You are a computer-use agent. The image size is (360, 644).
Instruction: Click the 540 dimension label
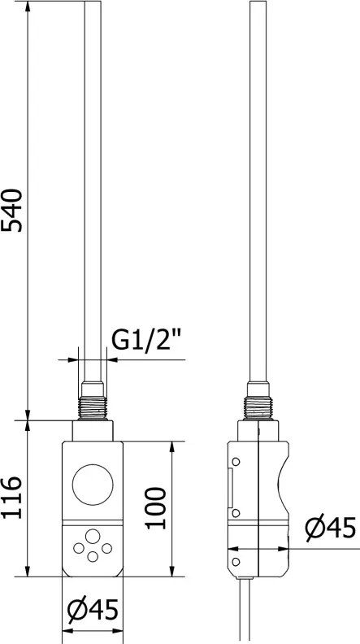click(11, 211)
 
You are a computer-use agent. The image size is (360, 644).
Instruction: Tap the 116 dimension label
click(11, 498)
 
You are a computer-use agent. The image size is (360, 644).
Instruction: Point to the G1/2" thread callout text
click(145, 341)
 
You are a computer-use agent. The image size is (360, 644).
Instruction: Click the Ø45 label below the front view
click(93, 610)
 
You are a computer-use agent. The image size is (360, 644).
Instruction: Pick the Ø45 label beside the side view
click(331, 529)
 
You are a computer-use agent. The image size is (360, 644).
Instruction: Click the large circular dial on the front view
click(93, 485)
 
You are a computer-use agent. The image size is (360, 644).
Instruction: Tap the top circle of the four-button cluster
click(93, 537)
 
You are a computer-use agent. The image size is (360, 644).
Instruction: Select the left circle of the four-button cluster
click(78, 548)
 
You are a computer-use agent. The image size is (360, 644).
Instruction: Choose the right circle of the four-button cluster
click(106, 548)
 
